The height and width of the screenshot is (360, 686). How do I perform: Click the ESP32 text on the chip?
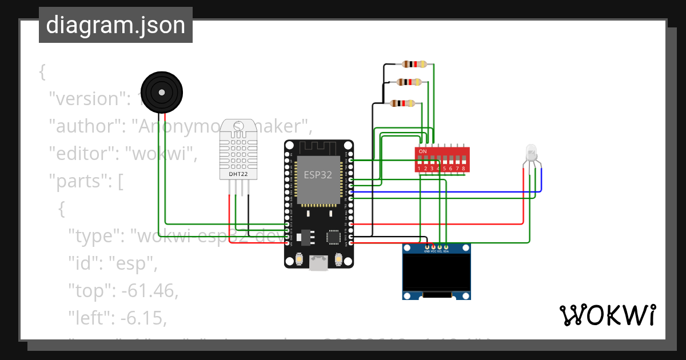click(318, 175)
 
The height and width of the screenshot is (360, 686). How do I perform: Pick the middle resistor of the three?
click(409, 82)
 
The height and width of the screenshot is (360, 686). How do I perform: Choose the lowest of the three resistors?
click(402, 103)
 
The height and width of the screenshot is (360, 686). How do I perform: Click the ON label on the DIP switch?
click(423, 151)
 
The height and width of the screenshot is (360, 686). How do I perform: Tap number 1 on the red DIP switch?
click(420, 169)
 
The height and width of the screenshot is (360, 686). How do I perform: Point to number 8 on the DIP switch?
click(463, 169)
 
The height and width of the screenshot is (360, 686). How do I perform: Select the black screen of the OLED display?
click(437, 273)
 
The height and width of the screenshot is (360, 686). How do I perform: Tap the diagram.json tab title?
click(115, 25)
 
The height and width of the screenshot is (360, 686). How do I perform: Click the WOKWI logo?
click(607, 315)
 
